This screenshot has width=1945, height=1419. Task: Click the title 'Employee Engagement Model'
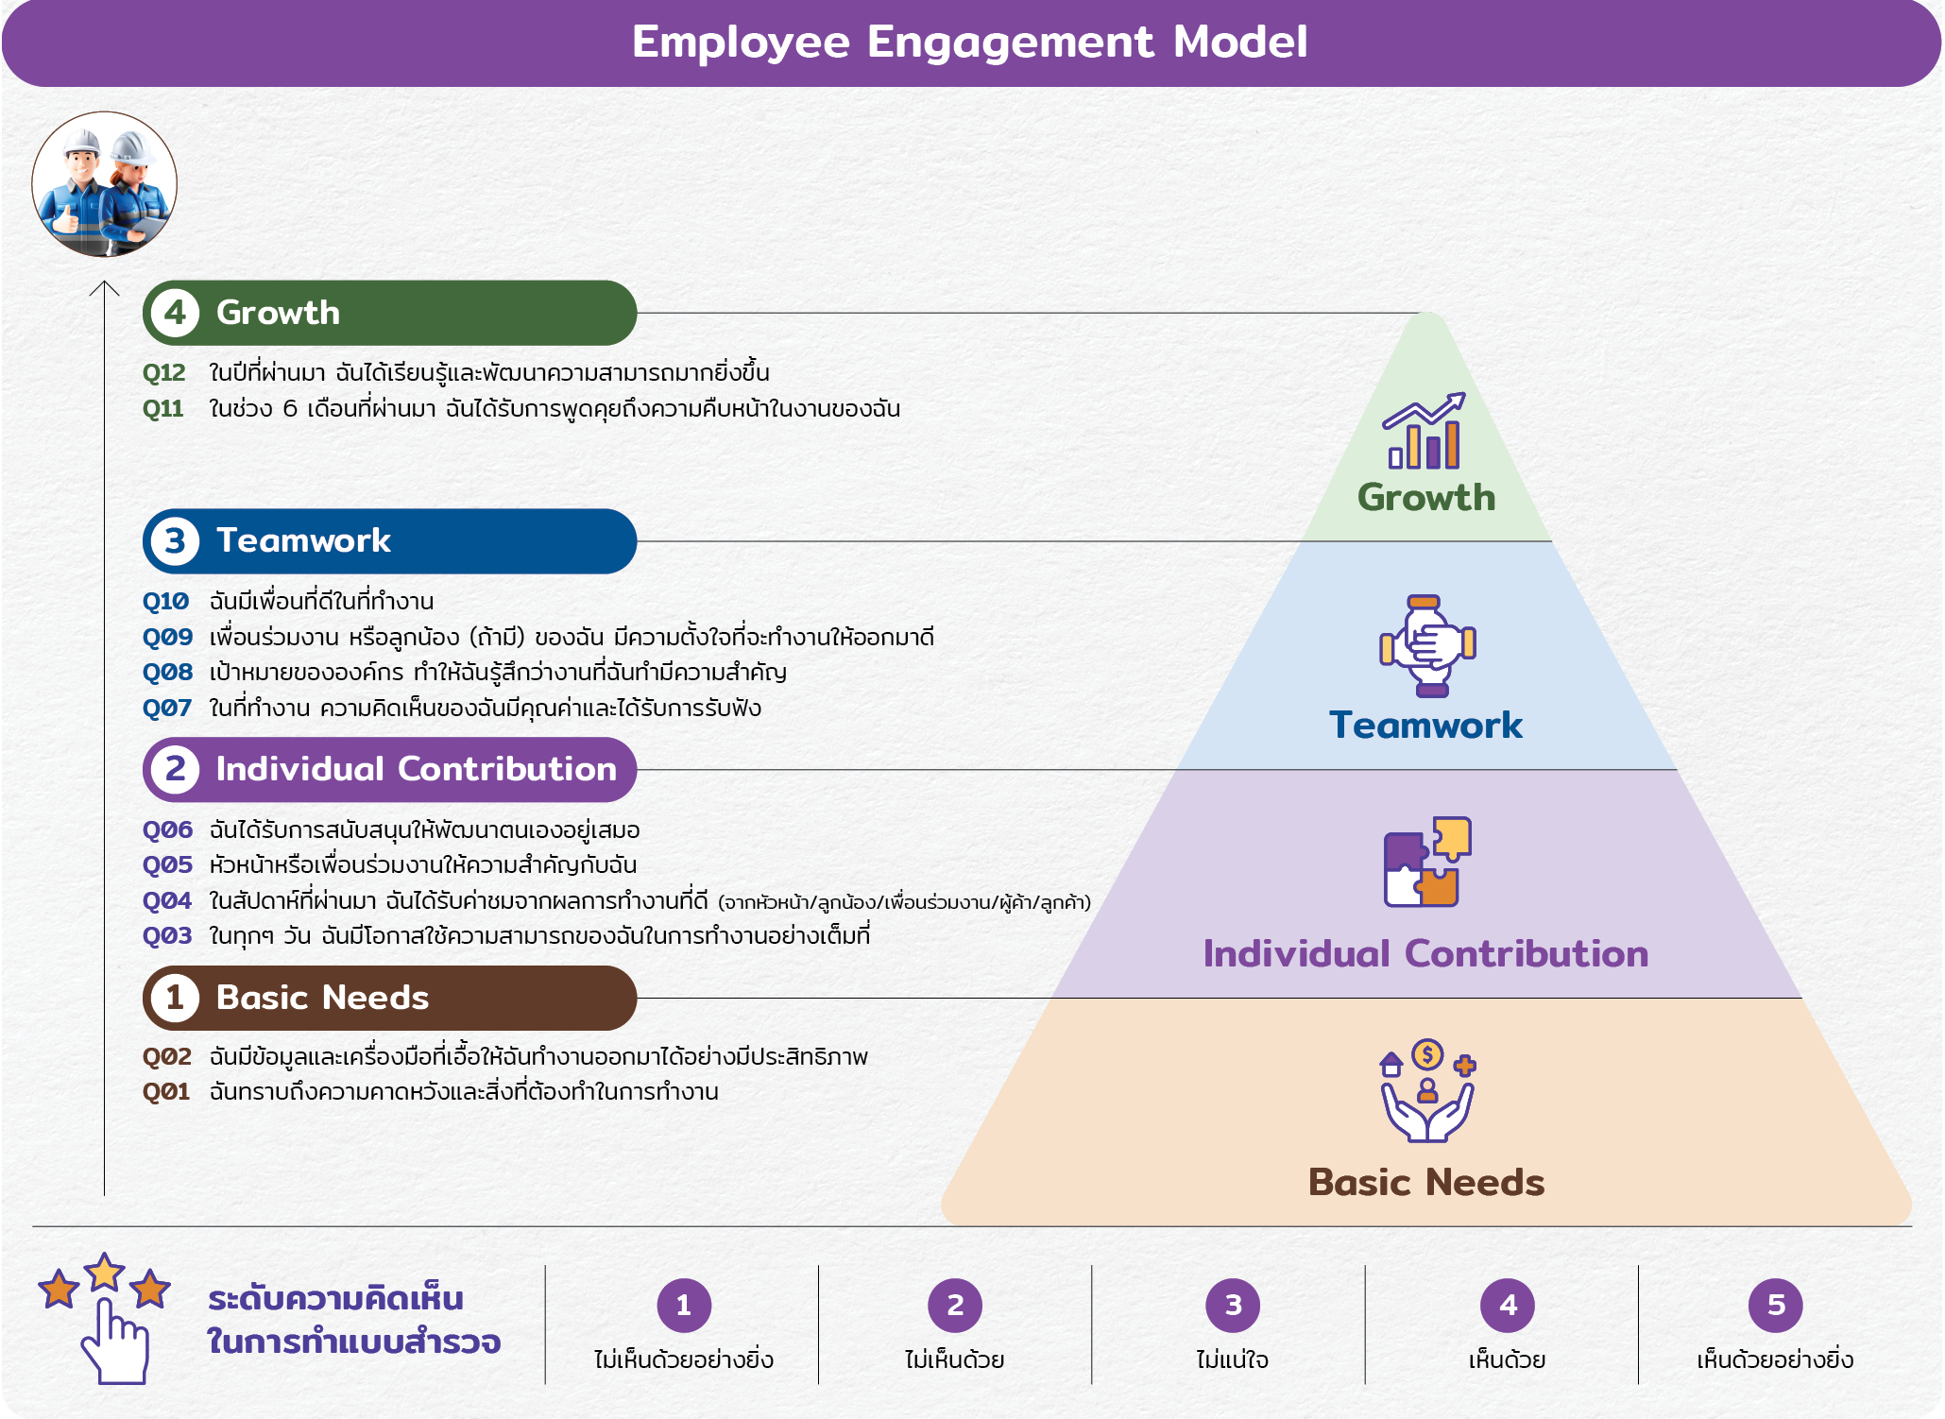[970, 43]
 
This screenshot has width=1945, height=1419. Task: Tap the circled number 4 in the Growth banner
[175, 313]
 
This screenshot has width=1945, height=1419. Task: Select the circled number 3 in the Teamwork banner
[175, 541]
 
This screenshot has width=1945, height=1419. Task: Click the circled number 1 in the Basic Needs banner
[175, 998]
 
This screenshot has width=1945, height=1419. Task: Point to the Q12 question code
[164, 373]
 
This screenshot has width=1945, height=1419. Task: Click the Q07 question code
[167, 709]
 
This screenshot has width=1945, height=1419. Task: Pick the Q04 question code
[167, 901]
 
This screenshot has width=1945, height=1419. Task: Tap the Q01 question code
[166, 1092]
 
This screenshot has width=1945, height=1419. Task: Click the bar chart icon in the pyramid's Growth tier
[1425, 432]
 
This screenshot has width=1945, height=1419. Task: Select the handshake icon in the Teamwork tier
[1427, 646]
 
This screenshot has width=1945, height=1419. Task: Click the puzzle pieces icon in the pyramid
[1427, 862]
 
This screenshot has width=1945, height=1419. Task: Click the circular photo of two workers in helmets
[104, 184]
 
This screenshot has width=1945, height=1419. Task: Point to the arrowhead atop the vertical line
[104, 286]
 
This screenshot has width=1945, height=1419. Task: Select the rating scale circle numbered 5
[1776, 1306]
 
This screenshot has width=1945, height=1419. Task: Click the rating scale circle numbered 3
[1233, 1306]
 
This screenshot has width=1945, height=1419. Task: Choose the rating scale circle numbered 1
[684, 1306]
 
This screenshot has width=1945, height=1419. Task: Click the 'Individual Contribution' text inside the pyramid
[1425, 954]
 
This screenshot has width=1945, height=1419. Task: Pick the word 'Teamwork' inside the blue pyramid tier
[1425, 726]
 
